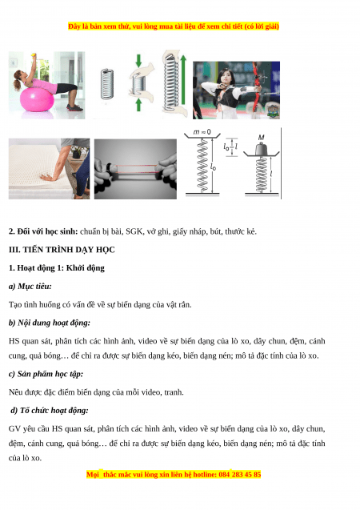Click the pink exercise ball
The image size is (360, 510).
[x=37, y=99]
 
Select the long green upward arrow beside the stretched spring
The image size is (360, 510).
[x=183, y=80]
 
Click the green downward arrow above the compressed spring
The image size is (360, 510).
[x=138, y=61]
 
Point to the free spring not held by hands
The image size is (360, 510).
[x=107, y=84]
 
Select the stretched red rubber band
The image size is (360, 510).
[x=136, y=168]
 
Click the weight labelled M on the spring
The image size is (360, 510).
[x=261, y=149]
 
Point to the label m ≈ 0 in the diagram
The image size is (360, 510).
[x=202, y=132]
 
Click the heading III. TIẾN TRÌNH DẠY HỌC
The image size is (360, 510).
[x=62, y=250]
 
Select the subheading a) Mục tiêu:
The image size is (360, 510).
[x=30, y=287]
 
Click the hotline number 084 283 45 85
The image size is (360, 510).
[x=240, y=475]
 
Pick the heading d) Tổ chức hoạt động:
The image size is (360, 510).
[x=50, y=411]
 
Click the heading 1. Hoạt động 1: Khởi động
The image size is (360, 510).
[x=57, y=268]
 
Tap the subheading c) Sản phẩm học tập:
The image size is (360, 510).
[x=46, y=374]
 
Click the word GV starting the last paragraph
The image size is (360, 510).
[x=14, y=428]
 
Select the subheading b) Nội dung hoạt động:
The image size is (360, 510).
[x=50, y=323]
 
